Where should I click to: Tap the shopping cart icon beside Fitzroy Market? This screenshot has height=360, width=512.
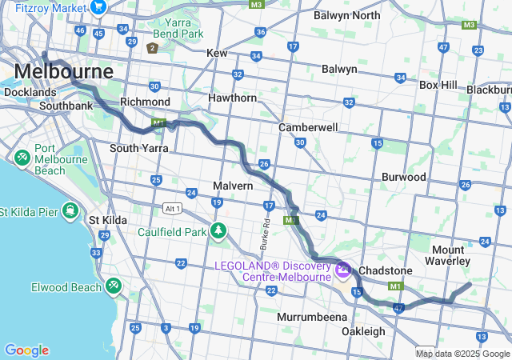(x=99, y=7)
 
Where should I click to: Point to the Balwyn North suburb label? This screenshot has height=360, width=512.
(x=346, y=15)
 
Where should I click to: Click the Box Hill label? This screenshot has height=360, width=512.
(x=438, y=84)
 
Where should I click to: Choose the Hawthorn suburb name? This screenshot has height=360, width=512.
(x=232, y=98)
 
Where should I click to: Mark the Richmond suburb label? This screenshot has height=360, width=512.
(x=145, y=102)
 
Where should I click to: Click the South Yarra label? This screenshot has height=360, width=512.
(x=138, y=148)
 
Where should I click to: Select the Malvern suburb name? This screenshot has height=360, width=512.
(x=233, y=186)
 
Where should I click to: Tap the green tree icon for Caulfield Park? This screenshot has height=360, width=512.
(x=218, y=231)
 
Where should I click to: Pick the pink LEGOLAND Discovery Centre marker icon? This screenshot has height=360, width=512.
(x=343, y=270)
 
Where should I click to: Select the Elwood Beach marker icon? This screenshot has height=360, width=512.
(x=113, y=285)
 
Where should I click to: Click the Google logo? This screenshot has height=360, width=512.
(x=26, y=350)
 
